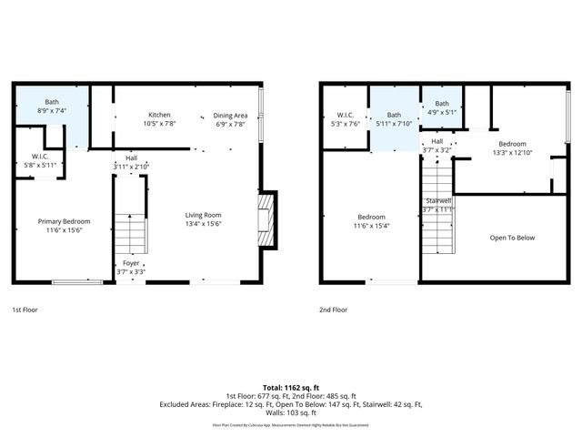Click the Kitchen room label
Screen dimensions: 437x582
coord(160,115)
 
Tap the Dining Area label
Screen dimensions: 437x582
coord(229,115)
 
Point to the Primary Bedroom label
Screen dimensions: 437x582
coord(64,221)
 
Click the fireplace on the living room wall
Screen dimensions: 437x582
coord(266,218)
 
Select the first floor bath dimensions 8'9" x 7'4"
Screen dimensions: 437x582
coord(53,110)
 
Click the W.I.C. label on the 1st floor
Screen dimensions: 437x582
coord(39,156)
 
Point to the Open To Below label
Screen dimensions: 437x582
coord(512,238)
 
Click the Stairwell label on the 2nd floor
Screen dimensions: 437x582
coord(437,200)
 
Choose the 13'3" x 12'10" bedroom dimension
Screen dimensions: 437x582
coord(511,153)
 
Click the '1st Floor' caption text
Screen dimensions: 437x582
coord(25,310)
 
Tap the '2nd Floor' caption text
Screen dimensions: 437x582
coord(334,310)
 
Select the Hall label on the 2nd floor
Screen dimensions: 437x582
coord(437,141)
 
